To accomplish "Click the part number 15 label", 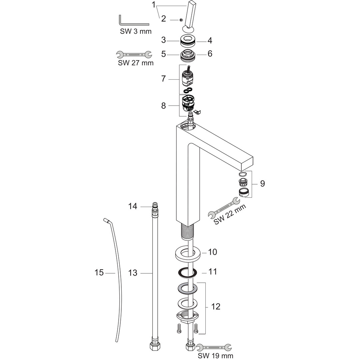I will click(99, 273).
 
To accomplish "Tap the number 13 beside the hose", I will click(133, 273).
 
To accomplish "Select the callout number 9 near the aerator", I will click(263, 183).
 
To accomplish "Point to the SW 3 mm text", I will click(135, 32).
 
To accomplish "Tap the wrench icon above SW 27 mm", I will click(134, 54).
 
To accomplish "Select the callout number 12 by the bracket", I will click(216, 306).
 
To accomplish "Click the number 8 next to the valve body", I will click(163, 106).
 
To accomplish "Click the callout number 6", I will click(210, 54).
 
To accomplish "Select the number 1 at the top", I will click(154, 5).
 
